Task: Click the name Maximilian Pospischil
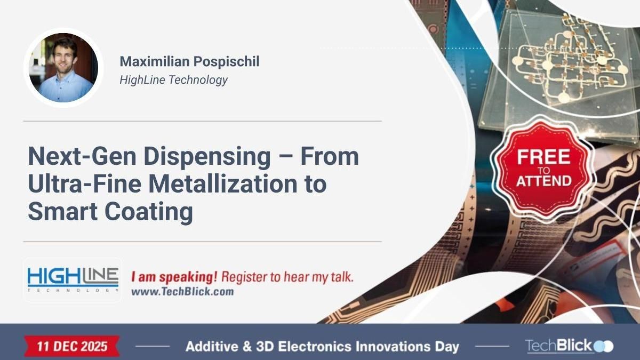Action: (x=189, y=61)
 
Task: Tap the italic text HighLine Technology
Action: (x=173, y=80)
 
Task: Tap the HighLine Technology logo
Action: (x=73, y=279)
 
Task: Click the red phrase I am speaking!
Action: (x=174, y=277)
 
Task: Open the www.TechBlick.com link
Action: (x=182, y=292)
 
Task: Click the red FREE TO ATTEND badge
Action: (x=543, y=167)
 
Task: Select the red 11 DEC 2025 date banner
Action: (x=72, y=346)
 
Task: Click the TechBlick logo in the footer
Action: (x=569, y=346)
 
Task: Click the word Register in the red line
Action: (x=242, y=277)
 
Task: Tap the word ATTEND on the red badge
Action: (x=543, y=181)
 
